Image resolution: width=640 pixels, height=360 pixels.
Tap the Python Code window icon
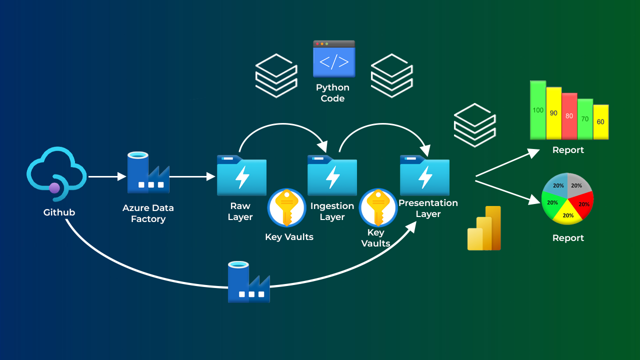coord(334,59)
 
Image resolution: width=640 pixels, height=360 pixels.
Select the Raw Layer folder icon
coord(241,175)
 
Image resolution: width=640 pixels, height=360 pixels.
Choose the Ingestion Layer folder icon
coord(332,175)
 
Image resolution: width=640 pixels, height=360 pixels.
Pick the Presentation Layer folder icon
coord(424,175)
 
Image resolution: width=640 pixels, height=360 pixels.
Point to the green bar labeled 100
coord(538,110)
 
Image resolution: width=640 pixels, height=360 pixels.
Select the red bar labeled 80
coord(569,116)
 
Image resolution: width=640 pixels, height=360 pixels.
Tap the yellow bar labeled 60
coord(600,122)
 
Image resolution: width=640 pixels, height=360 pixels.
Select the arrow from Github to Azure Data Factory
coord(107,176)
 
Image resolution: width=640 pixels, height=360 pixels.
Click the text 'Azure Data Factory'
coord(148,213)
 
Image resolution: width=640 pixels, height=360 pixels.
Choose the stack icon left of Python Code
coord(276,75)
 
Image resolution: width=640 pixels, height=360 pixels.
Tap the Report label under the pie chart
coord(568,238)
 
